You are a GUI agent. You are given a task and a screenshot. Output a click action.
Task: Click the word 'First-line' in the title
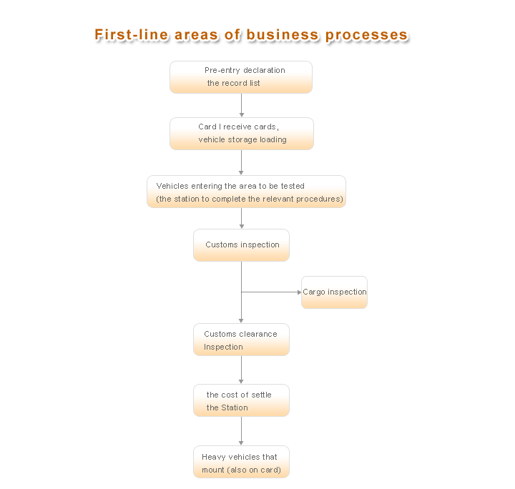coord(132,34)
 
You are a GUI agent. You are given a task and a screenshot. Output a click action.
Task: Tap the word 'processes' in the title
coord(366,36)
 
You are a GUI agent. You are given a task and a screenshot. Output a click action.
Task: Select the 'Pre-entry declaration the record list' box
coord(241,77)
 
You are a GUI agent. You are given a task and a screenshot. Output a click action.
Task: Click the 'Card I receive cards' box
coord(242,134)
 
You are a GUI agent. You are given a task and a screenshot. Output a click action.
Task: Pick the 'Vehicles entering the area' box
coord(246,192)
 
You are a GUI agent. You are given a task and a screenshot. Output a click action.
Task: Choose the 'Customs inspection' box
coord(242,245)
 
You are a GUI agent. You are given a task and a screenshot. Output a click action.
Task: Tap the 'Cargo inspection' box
coord(334,292)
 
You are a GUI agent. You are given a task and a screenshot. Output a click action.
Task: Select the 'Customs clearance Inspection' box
coord(242,340)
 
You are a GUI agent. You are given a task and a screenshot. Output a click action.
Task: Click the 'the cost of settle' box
coord(242,400)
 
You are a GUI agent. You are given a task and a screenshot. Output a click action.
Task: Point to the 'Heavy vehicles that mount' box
coord(242,462)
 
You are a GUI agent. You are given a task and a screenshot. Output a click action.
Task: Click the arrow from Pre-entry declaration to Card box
coord(242,105)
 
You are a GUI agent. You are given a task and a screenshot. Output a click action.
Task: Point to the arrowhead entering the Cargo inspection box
coord(299,292)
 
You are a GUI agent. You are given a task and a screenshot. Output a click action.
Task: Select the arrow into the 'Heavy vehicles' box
coord(242,431)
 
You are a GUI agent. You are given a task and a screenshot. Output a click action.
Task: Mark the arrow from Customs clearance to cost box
coord(242,370)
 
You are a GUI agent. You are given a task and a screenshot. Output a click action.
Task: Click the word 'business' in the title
coord(283,34)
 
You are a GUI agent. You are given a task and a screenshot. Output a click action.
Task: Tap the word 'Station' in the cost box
coord(234,407)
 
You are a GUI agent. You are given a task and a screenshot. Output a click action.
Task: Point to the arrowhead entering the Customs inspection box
coord(242,227)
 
